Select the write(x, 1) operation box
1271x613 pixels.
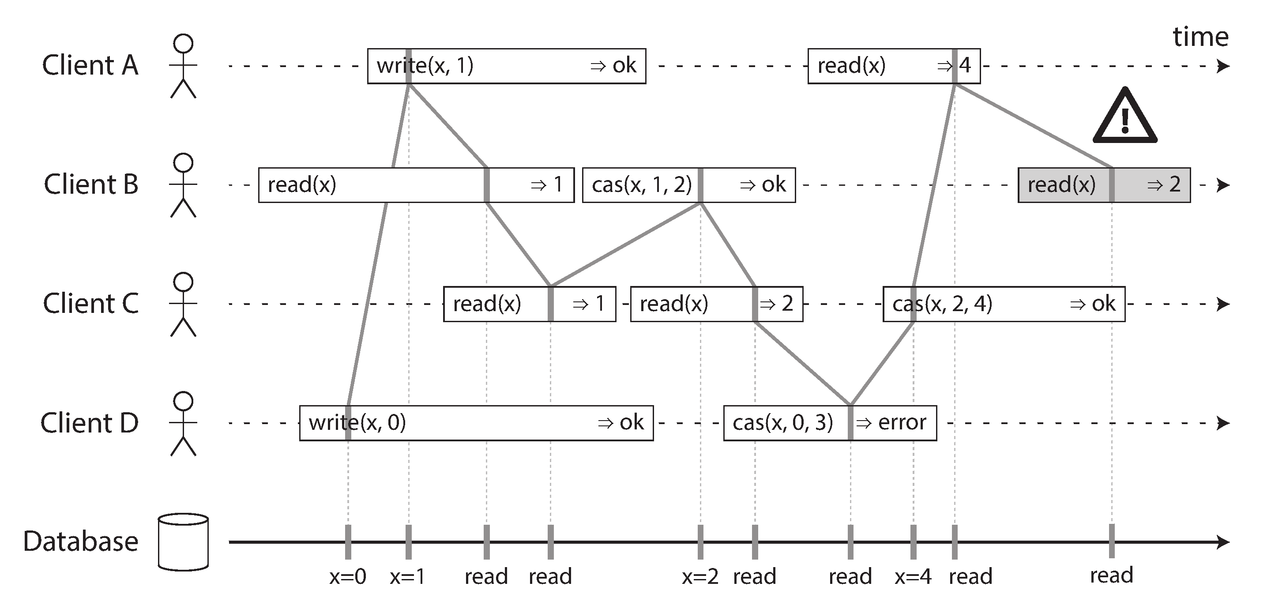506,66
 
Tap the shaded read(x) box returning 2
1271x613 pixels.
1104,185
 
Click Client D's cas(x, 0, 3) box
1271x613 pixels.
829,423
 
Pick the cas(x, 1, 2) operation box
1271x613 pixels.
688,185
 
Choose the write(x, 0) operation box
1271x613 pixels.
476,423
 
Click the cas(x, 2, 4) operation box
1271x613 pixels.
1004,304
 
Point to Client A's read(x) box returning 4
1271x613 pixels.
894,66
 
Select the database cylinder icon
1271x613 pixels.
183,542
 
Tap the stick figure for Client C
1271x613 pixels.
183,304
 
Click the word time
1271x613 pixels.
1200,37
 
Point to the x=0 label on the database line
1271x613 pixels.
348,576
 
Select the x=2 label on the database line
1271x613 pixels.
699,576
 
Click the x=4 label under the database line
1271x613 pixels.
913,576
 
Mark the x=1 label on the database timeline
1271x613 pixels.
407,576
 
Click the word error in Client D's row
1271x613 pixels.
902,422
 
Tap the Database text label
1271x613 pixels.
80,542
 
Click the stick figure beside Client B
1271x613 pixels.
183,185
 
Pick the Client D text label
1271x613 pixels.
89,423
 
